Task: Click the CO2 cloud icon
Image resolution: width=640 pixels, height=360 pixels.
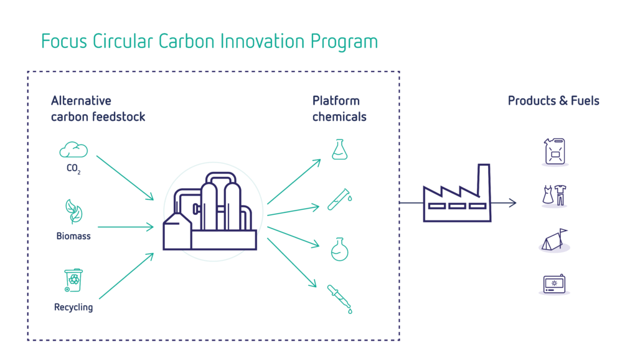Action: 73,150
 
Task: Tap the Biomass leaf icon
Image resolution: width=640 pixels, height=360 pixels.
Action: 74,211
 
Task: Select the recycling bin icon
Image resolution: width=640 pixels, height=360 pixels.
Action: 73,280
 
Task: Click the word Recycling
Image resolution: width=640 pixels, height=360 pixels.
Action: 73,307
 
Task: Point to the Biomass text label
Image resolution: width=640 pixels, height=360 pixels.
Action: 73,236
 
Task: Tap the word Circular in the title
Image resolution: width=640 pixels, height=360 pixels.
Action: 123,41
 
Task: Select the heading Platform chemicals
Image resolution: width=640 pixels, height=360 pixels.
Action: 339,108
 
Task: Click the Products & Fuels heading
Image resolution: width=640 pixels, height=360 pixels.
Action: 553,100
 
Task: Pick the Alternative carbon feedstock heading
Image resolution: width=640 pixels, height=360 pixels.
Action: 98,108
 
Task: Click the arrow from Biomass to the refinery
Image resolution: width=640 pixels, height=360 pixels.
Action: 126,227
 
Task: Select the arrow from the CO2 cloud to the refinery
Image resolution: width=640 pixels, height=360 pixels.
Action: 125,178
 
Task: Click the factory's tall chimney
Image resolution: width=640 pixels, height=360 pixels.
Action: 484,179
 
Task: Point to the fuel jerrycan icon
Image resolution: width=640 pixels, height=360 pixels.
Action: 555,152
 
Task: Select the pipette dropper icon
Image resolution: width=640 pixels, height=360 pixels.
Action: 339,299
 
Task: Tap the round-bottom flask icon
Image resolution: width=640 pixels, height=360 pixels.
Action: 339,249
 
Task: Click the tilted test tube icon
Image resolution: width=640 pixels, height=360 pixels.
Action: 339,199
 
